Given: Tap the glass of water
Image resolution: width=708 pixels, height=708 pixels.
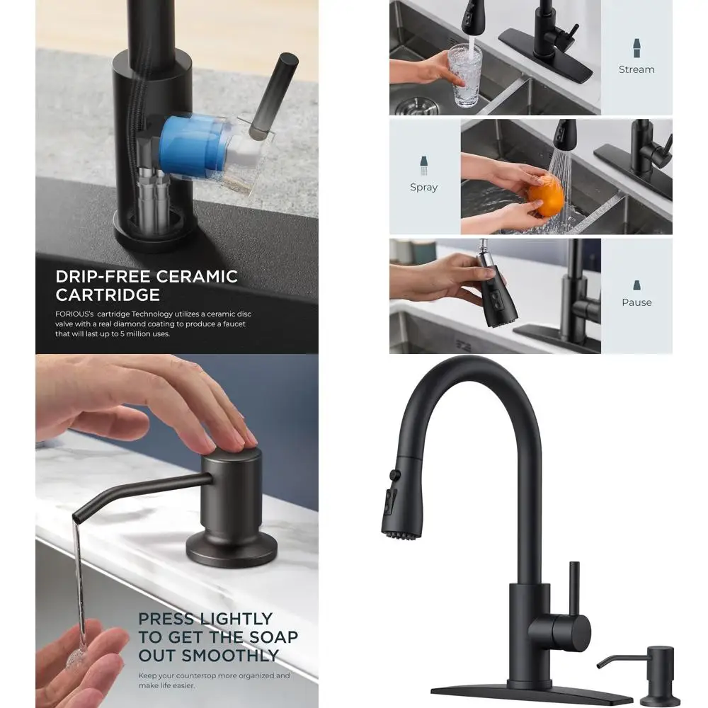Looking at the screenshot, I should (x=464, y=76).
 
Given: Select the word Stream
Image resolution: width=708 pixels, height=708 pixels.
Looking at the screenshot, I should (x=636, y=69).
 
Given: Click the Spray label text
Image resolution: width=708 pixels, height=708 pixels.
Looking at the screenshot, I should (x=424, y=188).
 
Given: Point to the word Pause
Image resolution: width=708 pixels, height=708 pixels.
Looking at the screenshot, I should (x=636, y=302).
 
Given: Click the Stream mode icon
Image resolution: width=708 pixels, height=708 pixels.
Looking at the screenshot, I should (x=636, y=48).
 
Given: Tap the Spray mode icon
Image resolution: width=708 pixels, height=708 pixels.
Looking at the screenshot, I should (x=424, y=166).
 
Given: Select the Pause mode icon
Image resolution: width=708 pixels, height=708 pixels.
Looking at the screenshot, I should (x=636, y=285).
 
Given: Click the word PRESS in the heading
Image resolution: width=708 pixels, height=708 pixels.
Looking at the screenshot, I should (x=166, y=619).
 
